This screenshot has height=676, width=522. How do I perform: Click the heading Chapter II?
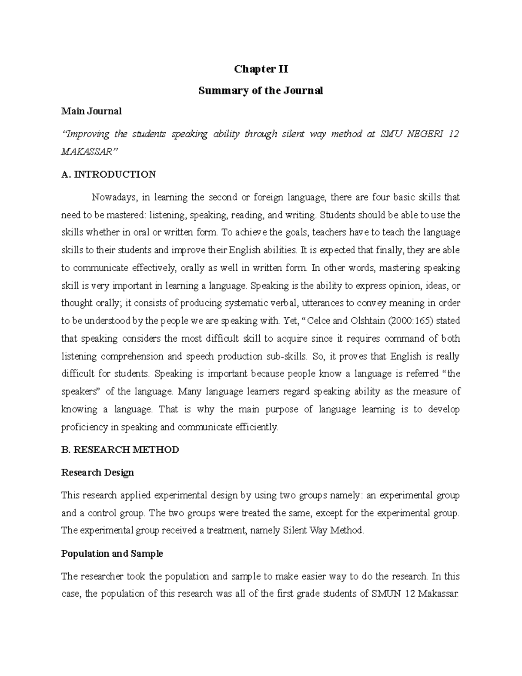261,69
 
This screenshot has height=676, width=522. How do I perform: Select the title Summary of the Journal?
261,91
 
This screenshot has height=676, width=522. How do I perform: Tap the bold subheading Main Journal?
91,111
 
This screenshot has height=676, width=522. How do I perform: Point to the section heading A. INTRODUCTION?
108,175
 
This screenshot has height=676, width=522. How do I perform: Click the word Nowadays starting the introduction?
114,197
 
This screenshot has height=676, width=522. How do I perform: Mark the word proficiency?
84,427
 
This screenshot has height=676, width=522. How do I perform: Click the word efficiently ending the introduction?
256,427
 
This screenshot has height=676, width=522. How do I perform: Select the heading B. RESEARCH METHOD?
120,450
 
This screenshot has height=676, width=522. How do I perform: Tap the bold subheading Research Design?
97,473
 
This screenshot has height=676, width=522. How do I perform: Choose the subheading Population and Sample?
112,554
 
